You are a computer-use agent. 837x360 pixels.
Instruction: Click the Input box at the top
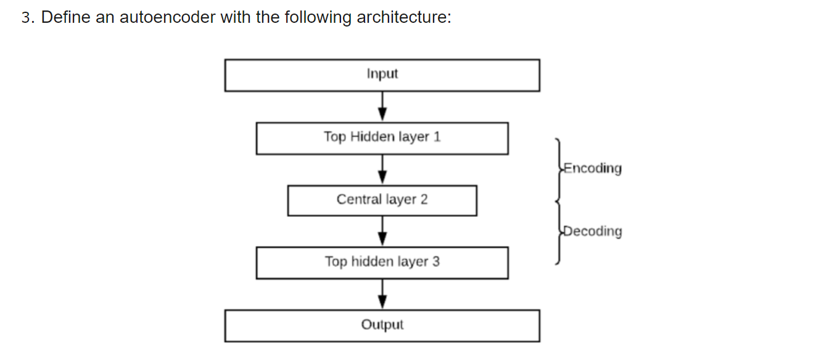pos(382,75)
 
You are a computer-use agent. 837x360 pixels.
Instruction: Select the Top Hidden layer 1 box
pos(382,137)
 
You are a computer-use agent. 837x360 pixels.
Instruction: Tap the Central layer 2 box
pos(382,200)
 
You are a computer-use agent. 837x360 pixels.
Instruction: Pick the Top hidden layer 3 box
pos(382,262)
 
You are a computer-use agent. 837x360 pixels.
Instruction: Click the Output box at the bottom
pos(382,325)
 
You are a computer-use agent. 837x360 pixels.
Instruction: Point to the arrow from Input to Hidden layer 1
pos(382,107)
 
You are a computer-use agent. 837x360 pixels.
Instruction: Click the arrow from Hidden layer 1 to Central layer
pos(382,170)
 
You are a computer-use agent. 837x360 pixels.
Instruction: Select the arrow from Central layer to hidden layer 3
pos(382,231)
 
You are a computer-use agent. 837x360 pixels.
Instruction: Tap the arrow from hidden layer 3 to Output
pos(382,294)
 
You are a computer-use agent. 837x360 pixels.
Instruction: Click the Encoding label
pos(593,168)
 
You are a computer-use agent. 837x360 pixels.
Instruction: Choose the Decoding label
pos(593,231)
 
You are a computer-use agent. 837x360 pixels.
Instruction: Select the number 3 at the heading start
pos(25,17)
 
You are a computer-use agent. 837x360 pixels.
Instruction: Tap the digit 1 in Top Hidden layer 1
pos(437,137)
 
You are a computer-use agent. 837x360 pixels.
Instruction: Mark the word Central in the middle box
pos(359,199)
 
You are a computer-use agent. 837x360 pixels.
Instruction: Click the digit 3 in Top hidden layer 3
pos(436,261)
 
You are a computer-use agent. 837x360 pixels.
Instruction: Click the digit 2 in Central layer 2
pos(424,199)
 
